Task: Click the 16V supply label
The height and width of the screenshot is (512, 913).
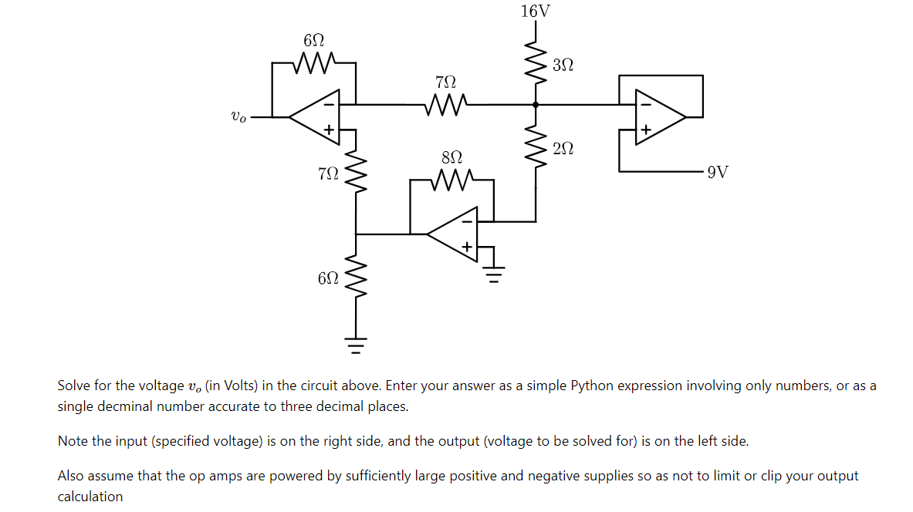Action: click(536, 11)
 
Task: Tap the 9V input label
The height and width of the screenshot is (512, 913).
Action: click(717, 172)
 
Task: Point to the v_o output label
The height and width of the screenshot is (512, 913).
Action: click(239, 117)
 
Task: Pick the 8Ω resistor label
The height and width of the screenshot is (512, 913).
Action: click(451, 157)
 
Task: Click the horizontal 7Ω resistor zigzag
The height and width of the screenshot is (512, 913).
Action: click(445, 103)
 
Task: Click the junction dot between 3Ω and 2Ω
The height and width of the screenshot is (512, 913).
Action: click(535, 103)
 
